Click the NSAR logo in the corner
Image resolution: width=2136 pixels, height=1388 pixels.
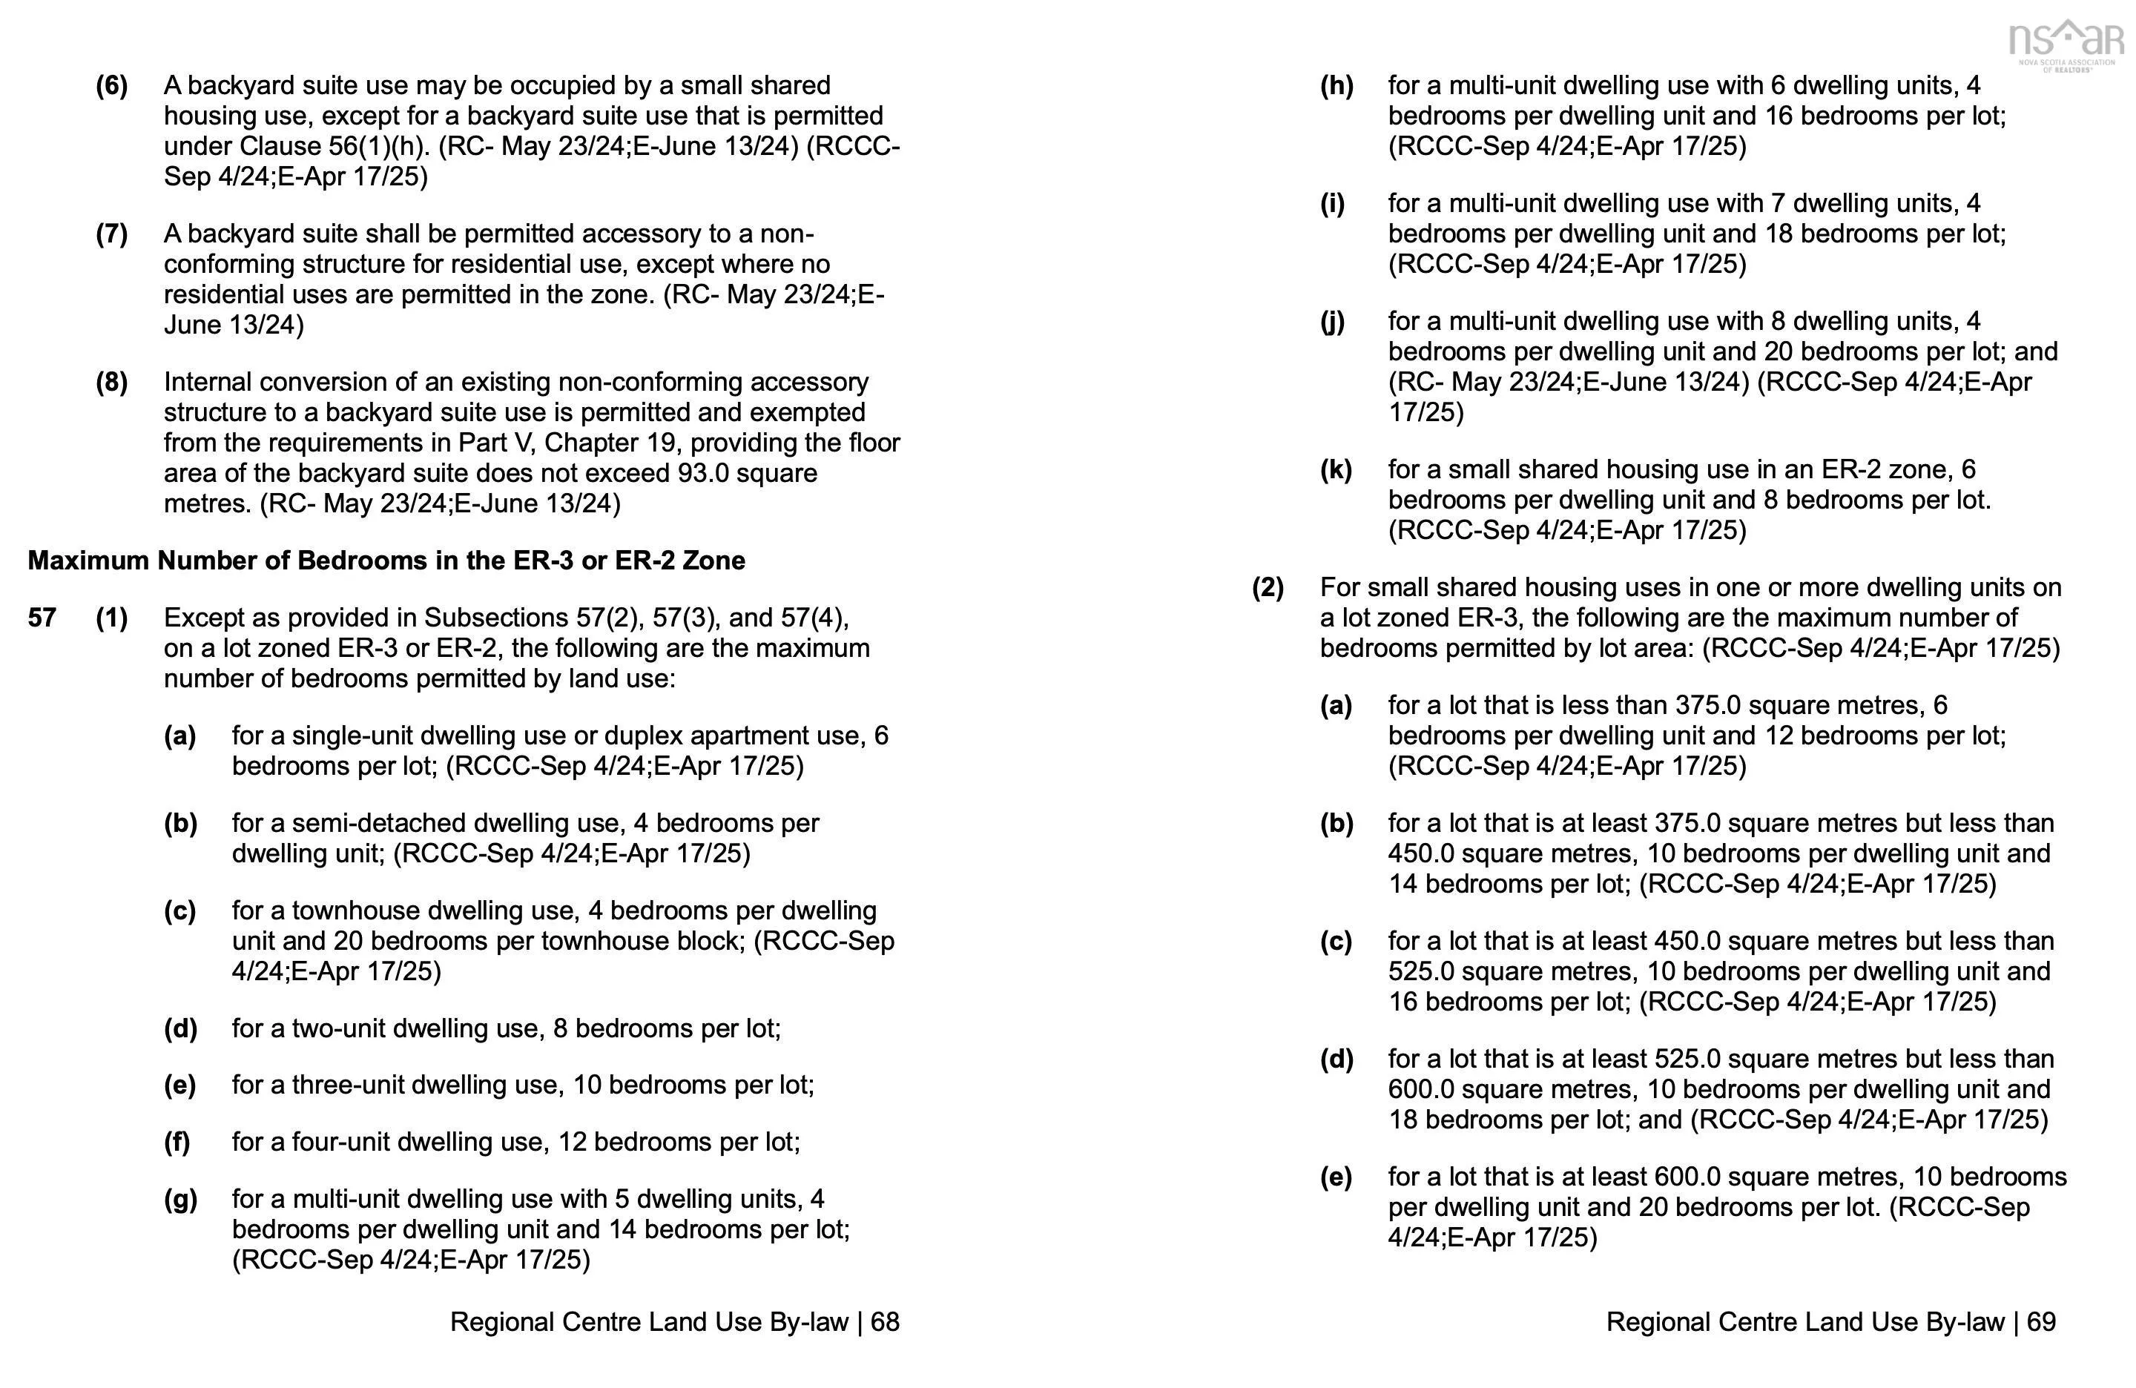[2065, 45]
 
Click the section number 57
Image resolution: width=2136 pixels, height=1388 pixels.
[42, 618]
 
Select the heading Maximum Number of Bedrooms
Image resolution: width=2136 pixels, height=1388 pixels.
[386, 561]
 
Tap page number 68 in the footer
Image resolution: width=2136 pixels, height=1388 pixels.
[885, 1321]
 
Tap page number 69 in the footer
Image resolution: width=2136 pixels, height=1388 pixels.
[2041, 1321]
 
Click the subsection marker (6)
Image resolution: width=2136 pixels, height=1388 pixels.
[111, 86]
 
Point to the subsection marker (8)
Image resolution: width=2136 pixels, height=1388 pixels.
[111, 382]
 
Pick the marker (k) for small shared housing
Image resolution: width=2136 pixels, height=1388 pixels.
[1336, 470]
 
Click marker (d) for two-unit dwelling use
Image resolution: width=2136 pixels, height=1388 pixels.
[179, 1028]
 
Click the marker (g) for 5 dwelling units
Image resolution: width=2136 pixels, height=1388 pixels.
[179, 1200]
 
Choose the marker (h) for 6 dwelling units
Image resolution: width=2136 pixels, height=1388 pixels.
[1336, 86]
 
